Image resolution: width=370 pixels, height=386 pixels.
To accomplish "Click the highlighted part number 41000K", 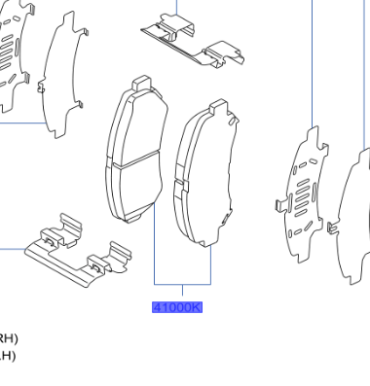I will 176,307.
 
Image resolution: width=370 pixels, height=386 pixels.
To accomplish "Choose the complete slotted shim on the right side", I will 303,194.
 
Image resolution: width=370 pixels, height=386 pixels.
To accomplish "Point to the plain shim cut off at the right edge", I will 353,219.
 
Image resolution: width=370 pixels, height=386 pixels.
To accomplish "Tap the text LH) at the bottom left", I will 7,355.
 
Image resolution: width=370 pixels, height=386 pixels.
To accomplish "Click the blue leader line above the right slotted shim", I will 312,58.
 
